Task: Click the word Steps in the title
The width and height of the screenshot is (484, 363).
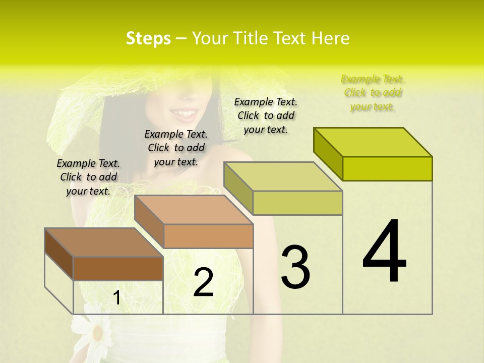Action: coord(148,38)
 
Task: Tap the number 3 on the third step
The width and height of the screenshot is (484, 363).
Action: coord(295,267)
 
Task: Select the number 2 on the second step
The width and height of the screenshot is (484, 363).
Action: coord(203,283)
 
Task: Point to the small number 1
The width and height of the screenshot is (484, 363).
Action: coord(117,298)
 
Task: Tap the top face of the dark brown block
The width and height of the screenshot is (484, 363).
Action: coord(103,243)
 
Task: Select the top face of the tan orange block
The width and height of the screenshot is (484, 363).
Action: coord(194,210)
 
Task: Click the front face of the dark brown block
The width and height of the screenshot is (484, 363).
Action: coord(118,268)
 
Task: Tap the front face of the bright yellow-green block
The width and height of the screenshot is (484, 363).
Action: coord(387,168)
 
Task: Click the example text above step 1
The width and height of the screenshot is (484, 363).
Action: coord(88,177)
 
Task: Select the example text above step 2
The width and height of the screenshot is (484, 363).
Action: coord(176,148)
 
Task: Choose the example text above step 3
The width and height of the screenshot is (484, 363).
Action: coord(266,115)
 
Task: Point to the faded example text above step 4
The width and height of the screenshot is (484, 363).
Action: coord(373,93)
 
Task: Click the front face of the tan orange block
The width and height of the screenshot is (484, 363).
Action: coord(208,236)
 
